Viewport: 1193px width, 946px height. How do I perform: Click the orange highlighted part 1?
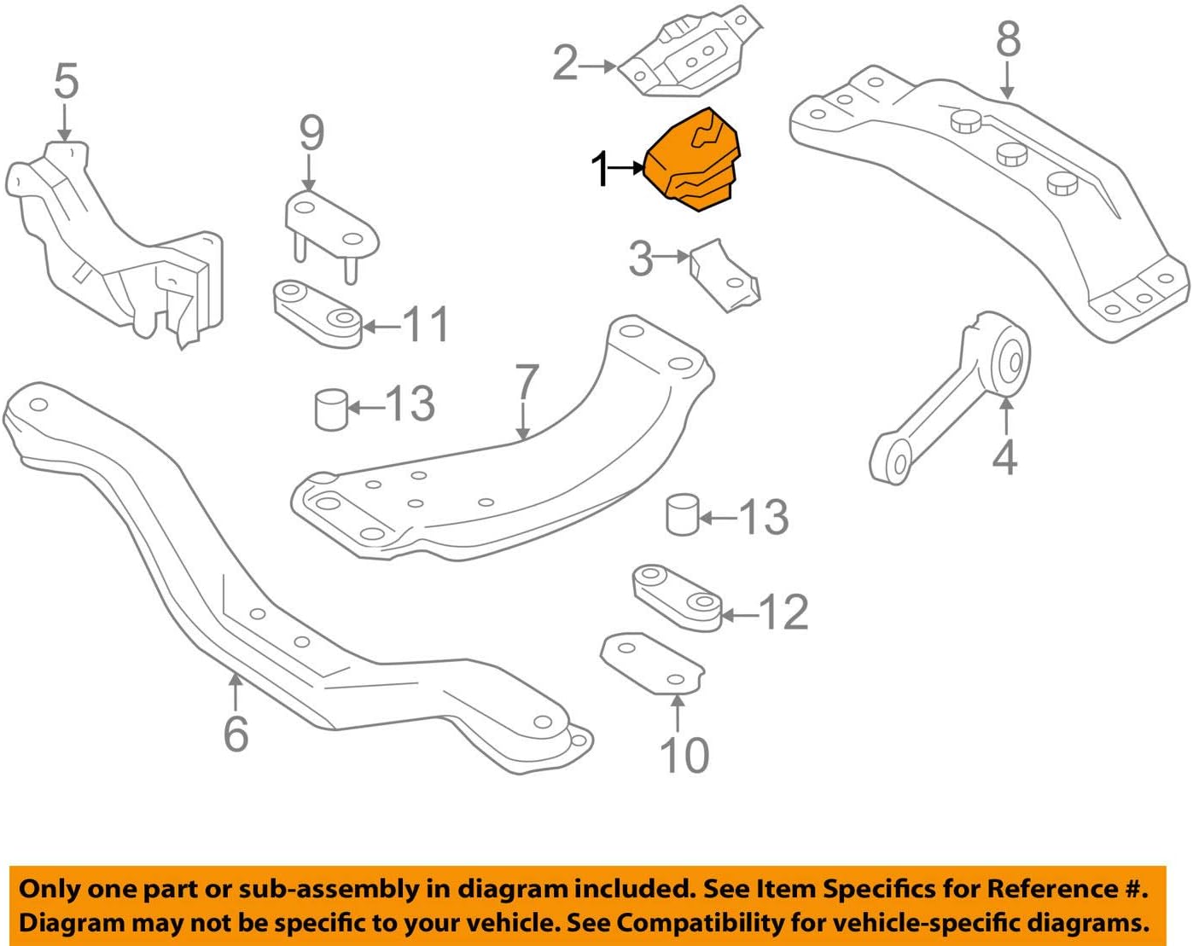click(694, 161)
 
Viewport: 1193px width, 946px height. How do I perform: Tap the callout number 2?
click(565, 64)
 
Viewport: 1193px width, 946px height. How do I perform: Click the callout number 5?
click(66, 82)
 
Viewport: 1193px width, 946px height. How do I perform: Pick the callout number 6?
click(236, 734)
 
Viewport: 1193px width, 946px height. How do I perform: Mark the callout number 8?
click(1008, 39)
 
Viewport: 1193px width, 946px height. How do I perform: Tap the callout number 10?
click(684, 755)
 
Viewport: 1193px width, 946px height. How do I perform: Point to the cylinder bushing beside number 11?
click(331, 409)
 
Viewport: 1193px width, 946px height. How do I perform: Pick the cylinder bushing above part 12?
click(682, 514)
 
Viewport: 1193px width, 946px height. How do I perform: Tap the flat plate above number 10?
click(653, 663)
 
